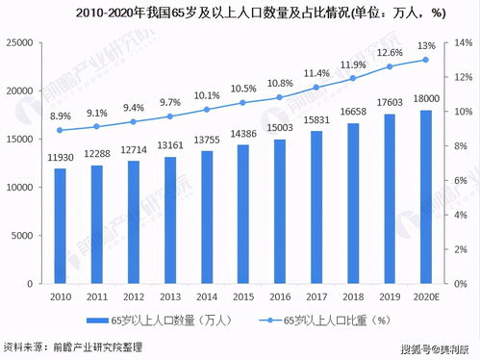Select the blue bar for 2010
pyautogui.click(x=61, y=225)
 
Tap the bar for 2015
pyautogui.click(x=243, y=213)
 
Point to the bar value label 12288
pyautogui.click(x=97, y=155)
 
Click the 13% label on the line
pyautogui.click(x=426, y=45)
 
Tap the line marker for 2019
pyautogui.click(x=390, y=66)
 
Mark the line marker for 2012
pyautogui.click(x=134, y=121)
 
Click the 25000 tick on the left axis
pyautogui.click(x=21, y=43)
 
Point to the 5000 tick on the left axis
pyautogui.click(x=24, y=235)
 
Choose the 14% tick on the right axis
pyautogui.click(x=465, y=43)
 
